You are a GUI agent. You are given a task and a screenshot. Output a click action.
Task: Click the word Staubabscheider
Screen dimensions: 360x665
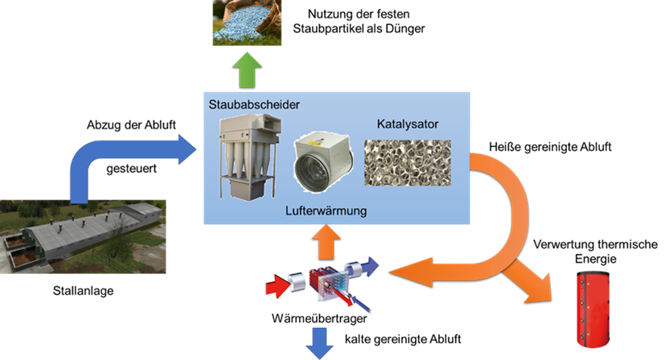click(254, 104)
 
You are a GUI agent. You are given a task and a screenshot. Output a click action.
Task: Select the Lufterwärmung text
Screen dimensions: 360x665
click(326, 211)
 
